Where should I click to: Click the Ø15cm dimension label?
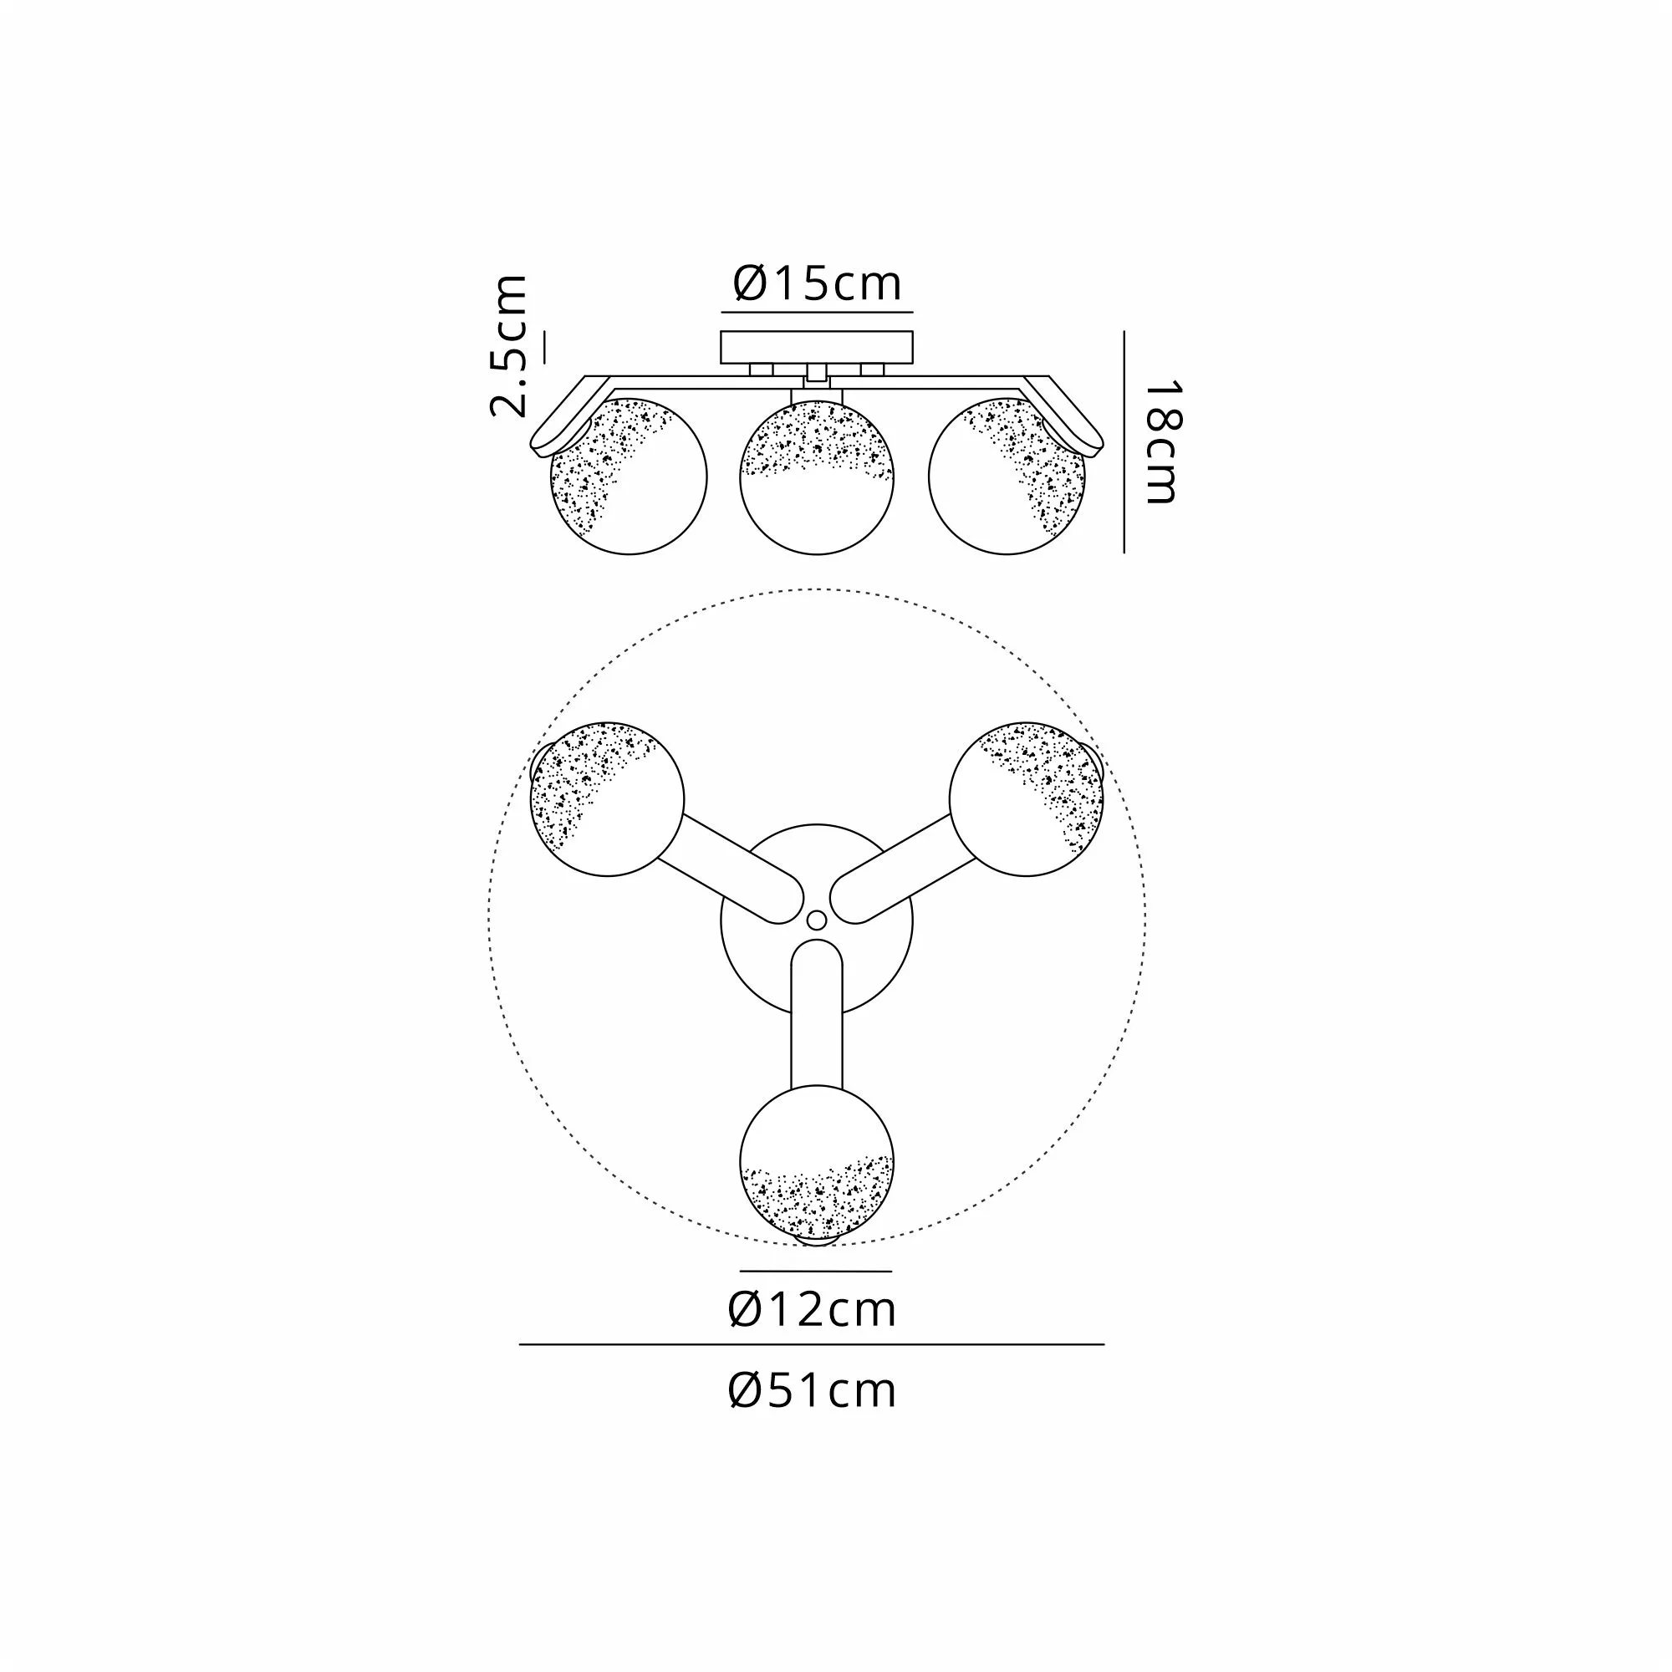(817, 283)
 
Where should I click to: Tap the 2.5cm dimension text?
(509, 346)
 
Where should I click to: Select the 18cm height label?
(1161, 442)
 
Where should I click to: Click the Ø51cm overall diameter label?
(813, 1390)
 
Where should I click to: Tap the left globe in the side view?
(630, 476)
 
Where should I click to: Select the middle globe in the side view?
(817, 476)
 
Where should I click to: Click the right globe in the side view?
(1007, 476)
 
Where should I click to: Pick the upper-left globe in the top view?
(608, 798)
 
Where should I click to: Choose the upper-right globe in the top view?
(1027, 798)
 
